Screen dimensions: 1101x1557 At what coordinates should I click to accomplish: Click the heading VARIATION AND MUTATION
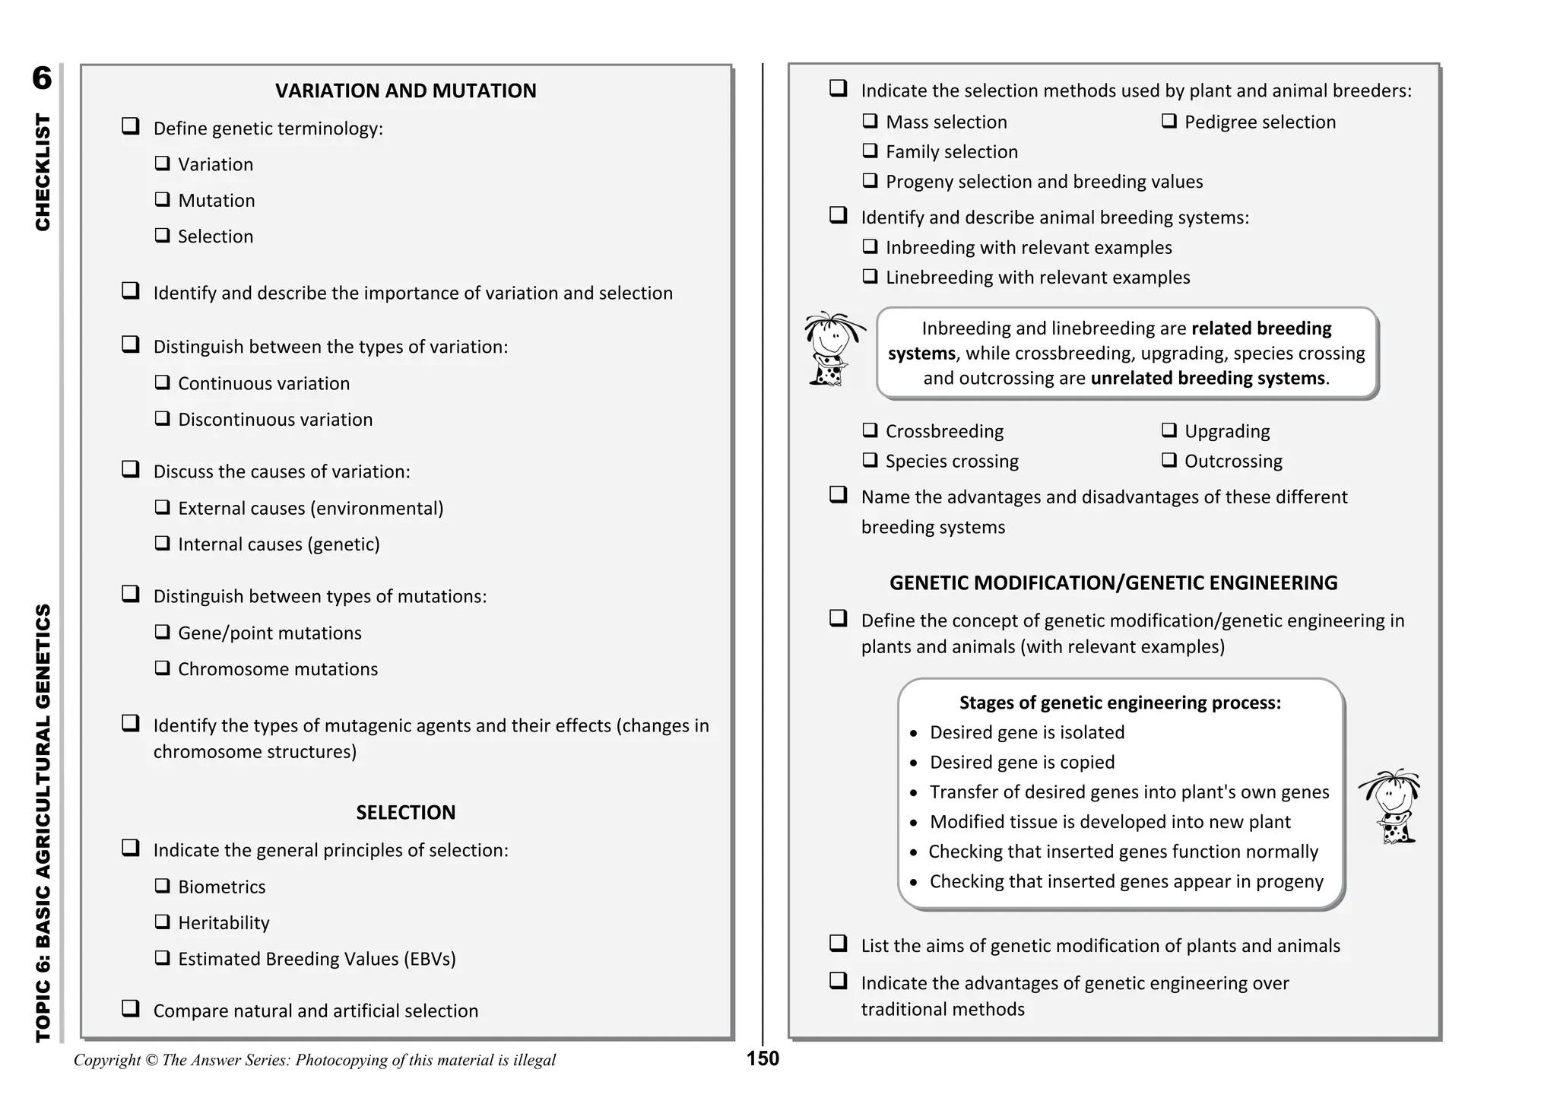pos(405,91)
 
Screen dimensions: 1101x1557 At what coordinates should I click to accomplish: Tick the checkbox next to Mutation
pos(162,199)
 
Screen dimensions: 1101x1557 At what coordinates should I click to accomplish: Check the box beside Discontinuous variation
pos(162,418)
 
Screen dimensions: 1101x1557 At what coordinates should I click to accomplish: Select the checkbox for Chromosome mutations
pos(162,668)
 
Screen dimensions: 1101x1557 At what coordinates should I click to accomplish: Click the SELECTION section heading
pos(405,812)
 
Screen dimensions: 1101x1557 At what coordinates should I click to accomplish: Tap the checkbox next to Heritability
pos(162,922)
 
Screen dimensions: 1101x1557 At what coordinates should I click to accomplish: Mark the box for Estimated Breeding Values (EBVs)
pos(162,957)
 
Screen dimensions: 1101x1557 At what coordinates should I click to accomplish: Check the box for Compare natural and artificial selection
pos(131,1008)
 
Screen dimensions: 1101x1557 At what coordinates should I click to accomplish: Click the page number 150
pos(763,1058)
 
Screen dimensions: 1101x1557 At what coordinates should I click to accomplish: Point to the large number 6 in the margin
pos(43,78)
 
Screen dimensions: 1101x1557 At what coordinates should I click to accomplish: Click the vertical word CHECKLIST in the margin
pos(43,173)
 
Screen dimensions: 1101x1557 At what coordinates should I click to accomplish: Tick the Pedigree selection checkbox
pos(1169,121)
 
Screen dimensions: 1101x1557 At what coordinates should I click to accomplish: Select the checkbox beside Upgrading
pos(1169,430)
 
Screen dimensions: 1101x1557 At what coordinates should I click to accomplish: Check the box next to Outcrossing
pos(1169,460)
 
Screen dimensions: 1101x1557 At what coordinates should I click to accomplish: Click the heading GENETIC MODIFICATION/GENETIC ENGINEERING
pos(1113,583)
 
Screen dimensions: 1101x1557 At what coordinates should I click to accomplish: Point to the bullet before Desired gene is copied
pos(914,763)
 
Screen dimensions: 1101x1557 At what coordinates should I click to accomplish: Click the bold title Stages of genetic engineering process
pos(1120,703)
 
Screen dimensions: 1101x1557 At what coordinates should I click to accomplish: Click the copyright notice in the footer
pos(315,1060)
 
